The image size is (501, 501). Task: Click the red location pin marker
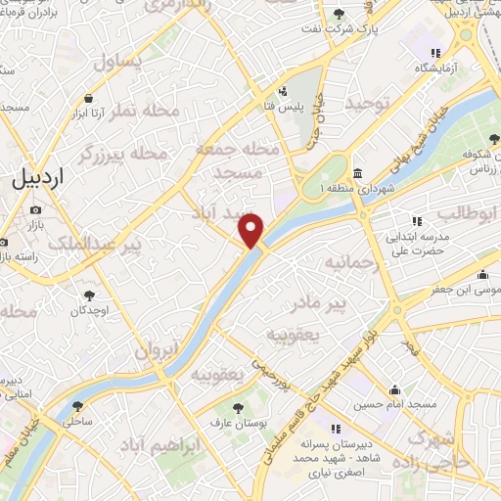pos(252,230)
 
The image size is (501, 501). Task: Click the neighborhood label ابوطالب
pos(468,211)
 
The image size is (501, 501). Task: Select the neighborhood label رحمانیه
pos(350,263)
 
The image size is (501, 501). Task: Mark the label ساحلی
pos(77,423)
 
